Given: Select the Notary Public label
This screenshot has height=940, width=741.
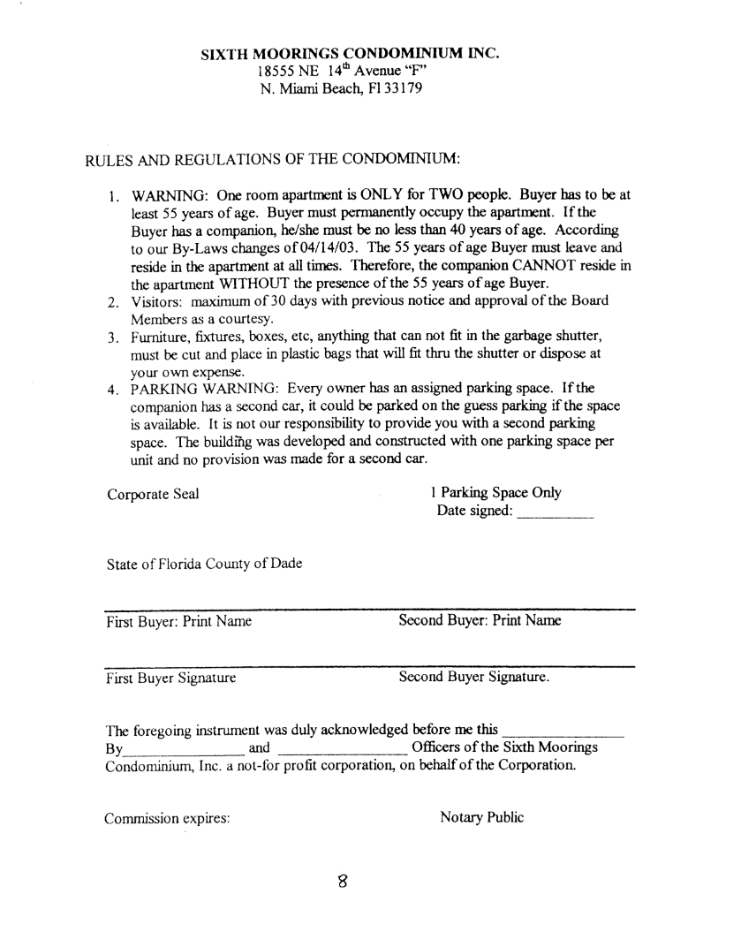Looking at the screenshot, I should coord(481,817).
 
